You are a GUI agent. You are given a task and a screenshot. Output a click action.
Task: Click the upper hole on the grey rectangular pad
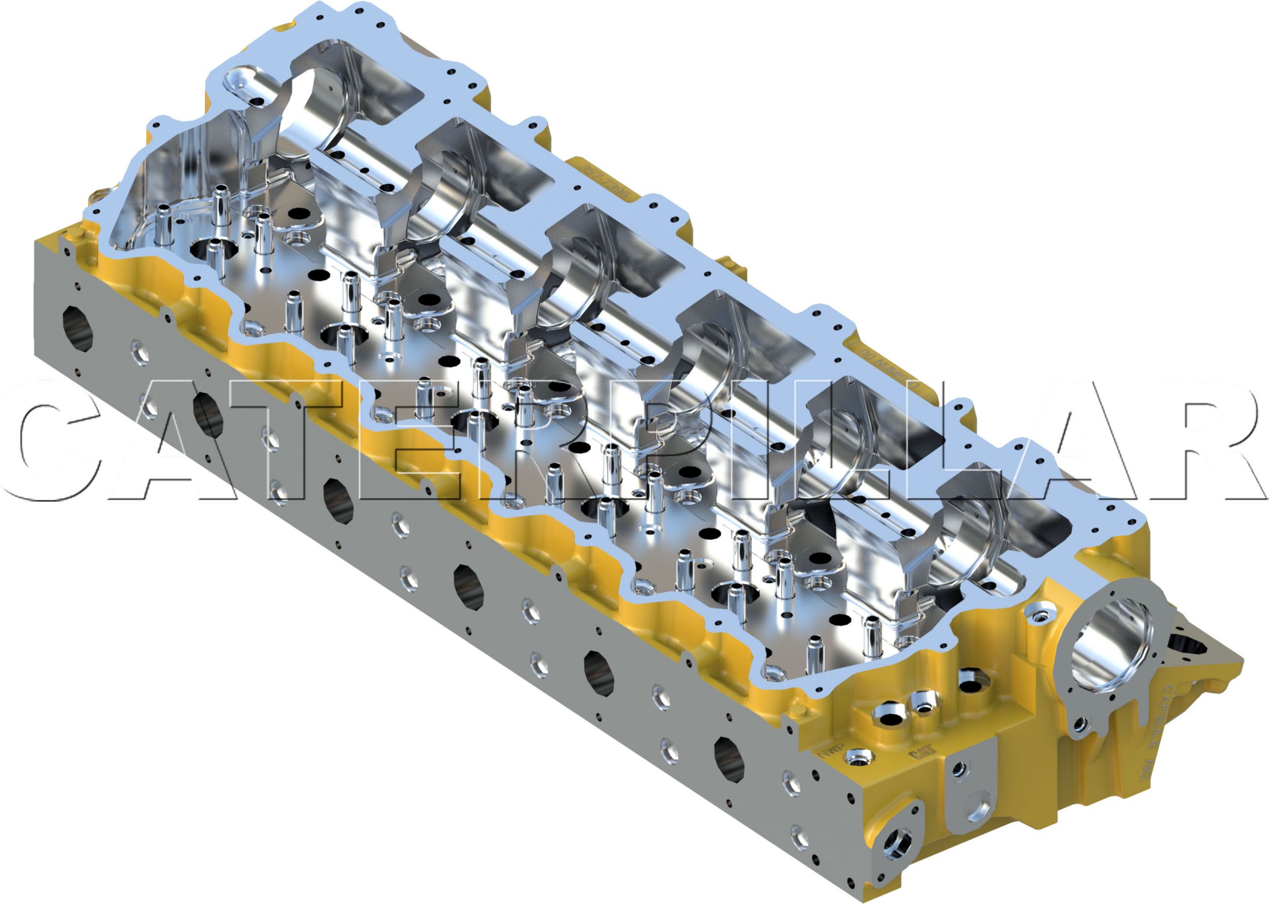pos(958,770)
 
